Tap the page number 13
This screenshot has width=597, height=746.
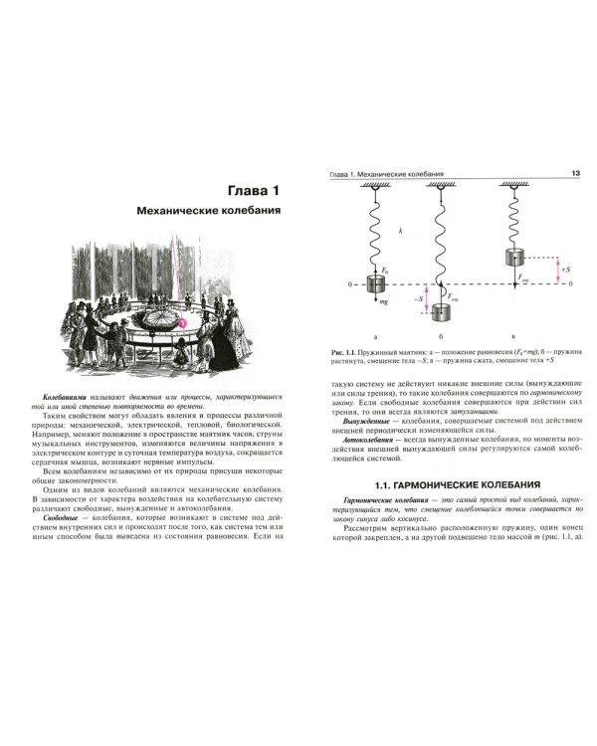(575, 174)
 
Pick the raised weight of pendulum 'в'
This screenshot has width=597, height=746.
(515, 256)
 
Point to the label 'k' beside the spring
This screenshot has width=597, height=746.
(397, 230)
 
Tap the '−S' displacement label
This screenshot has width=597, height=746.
(419, 296)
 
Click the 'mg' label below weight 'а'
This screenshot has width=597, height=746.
(391, 299)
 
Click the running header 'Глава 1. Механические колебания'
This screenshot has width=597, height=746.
(385, 174)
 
